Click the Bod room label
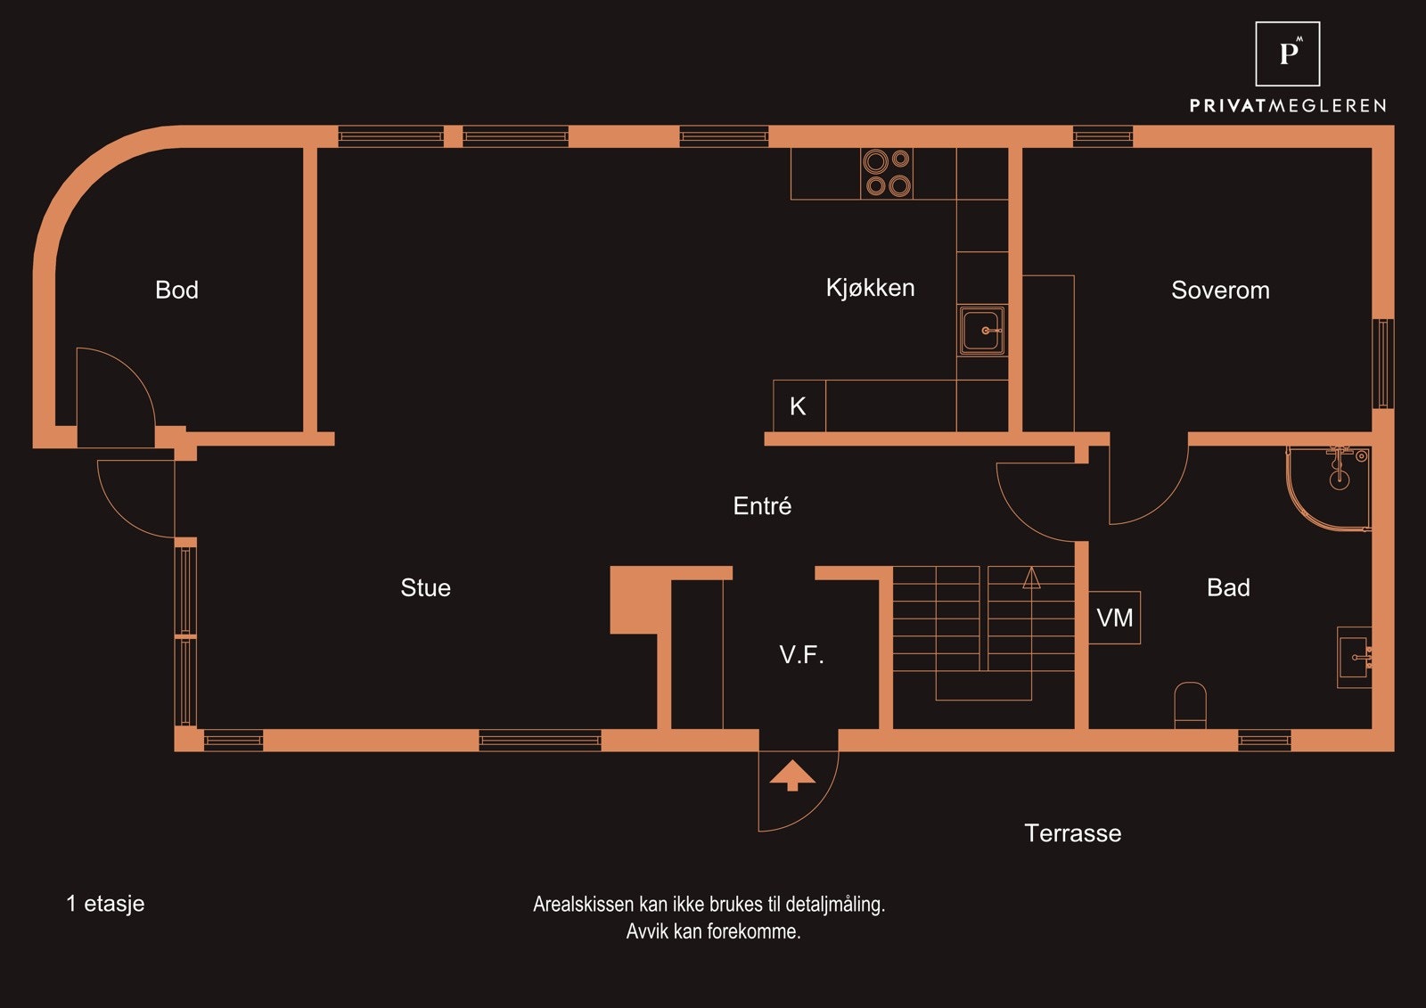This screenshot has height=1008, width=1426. (x=177, y=291)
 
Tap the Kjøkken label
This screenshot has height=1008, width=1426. (x=870, y=289)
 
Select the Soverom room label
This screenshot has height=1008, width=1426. (x=1220, y=291)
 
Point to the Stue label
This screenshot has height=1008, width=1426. (x=425, y=587)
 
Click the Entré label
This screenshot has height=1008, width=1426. (x=762, y=506)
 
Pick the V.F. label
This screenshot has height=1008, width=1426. (x=801, y=655)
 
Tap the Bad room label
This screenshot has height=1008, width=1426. (x=1228, y=587)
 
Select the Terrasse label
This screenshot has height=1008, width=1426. (x=1073, y=833)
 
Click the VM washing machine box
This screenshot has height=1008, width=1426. (x=1115, y=618)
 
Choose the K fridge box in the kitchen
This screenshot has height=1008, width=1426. (x=799, y=406)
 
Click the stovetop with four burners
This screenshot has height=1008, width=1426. (x=887, y=173)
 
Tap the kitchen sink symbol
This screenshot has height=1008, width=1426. (x=982, y=331)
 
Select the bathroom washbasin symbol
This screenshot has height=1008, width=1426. (x=1354, y=657)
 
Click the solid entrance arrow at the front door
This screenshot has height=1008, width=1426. (x=792, y=775)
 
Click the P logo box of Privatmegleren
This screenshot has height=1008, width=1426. (x=1287, y=54)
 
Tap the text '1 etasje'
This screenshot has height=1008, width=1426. (x=106, y=904)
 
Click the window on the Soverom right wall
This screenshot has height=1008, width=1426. (x=1382, y=364)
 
